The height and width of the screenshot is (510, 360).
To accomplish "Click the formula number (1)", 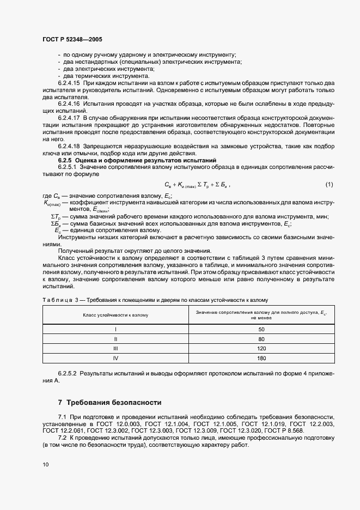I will (x=330, y=185).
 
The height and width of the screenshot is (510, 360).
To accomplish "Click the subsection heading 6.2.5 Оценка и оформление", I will (x=137, y=160).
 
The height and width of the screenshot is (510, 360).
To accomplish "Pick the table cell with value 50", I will (x=261, y=330).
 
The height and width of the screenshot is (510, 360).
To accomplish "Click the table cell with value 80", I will (x=261, y=339).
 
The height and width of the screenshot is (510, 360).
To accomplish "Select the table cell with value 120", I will (x=261, y=348).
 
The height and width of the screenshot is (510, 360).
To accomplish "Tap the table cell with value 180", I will (x=261, y=358).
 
